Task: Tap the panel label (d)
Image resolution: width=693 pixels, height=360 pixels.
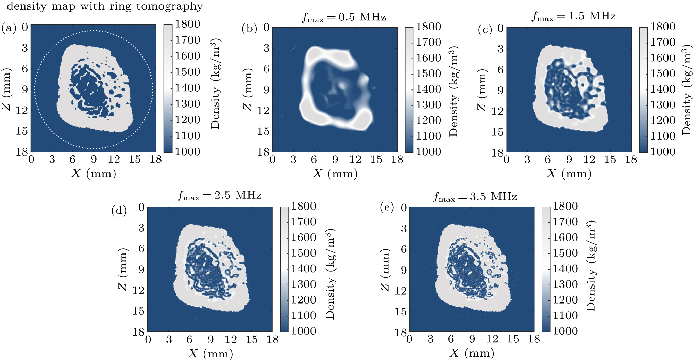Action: point(119,211)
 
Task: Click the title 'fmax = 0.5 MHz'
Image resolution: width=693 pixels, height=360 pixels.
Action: point(344,17)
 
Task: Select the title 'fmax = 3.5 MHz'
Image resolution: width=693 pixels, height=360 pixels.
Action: point(475,197)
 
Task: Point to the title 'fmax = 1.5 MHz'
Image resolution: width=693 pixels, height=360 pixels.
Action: point(574,16)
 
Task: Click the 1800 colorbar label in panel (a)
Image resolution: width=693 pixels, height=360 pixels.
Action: point(187,24)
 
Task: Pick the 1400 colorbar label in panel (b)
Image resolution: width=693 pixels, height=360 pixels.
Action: point(428,89)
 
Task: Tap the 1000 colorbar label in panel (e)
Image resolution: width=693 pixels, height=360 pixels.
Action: point(565,331)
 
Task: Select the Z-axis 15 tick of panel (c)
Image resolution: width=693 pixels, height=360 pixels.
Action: point(497,132)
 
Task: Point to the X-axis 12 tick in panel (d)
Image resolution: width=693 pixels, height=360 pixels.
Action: point(231,339)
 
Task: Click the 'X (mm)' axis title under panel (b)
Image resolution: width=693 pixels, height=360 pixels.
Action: point(335,174)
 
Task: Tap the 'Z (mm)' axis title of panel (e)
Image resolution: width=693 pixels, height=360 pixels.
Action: point(385,269)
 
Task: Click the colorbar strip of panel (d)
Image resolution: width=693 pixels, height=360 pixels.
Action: point(284,269)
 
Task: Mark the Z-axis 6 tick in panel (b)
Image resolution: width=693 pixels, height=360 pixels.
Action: point(266,69)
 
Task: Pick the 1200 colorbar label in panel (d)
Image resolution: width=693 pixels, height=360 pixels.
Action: point(303,300)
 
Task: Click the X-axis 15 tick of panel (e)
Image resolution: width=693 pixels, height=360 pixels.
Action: point(513,339)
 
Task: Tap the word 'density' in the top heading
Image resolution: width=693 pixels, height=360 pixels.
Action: point(27,6)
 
